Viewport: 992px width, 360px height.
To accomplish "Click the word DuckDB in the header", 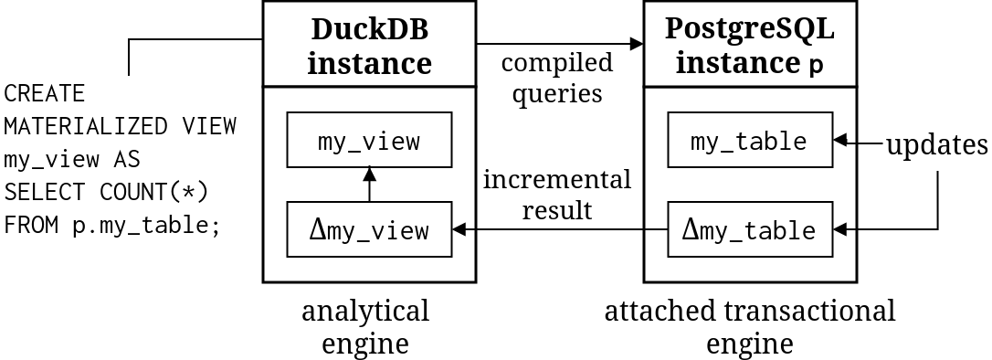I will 369,29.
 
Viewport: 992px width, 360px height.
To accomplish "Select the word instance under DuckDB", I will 369,64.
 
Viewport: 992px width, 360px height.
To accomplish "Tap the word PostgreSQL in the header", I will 749,29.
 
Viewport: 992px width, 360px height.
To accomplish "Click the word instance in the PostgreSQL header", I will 738,64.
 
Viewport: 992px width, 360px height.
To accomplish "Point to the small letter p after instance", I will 817,67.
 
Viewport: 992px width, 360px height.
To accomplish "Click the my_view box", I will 369,140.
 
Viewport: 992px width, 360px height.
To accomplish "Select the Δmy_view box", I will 369,229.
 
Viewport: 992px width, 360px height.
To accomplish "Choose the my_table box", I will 750,140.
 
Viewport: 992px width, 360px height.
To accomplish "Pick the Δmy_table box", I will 750,229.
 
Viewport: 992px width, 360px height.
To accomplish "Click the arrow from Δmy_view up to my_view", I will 369,185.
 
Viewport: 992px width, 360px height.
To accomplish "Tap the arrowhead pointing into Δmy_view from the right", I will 459,229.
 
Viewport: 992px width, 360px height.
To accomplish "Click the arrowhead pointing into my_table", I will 840,140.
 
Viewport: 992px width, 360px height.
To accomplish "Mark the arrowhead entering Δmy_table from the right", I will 840,229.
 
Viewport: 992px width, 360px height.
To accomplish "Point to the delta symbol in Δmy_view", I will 317,229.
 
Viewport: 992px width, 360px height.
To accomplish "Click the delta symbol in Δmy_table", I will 691,229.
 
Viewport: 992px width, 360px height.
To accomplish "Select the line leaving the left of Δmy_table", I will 657,229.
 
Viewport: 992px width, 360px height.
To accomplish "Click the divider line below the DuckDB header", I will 369,87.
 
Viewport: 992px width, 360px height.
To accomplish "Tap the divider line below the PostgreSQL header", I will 750,87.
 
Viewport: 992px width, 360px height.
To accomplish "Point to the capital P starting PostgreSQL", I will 673,29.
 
